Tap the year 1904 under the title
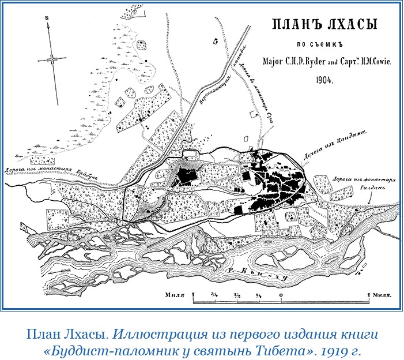click(x=324, y=80)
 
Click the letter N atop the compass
click(x=46, y=18)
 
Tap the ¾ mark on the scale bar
click(x=214, y=294)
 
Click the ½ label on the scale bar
click(x=237, y=294)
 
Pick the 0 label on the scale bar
click(x=281, y=294)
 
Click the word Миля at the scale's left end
click(x=173, y=295)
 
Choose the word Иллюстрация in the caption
click(x=146, y=333)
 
